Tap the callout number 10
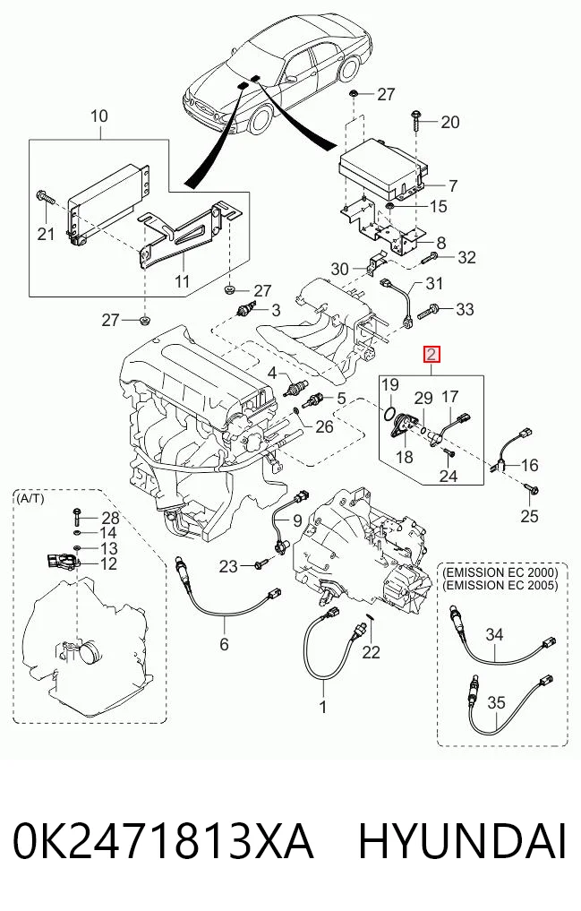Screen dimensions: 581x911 pos(99,116)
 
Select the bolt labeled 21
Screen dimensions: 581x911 pos(46,198)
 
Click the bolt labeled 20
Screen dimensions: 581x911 pos(417,122)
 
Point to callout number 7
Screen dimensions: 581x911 pos(453,186)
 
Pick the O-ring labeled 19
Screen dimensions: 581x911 pos(389,411)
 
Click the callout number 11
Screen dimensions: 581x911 pos(183,282)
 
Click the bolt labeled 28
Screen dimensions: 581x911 pos(77,516)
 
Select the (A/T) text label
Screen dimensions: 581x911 pos(30,498)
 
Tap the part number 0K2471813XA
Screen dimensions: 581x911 pos(163,841)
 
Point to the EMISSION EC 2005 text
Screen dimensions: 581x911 pos(500,585)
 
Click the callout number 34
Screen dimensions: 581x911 pos(494,634)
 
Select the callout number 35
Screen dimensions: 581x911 pos(496,702)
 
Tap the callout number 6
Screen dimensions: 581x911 pos(224,644)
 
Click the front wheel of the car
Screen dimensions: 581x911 pos(261,120)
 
